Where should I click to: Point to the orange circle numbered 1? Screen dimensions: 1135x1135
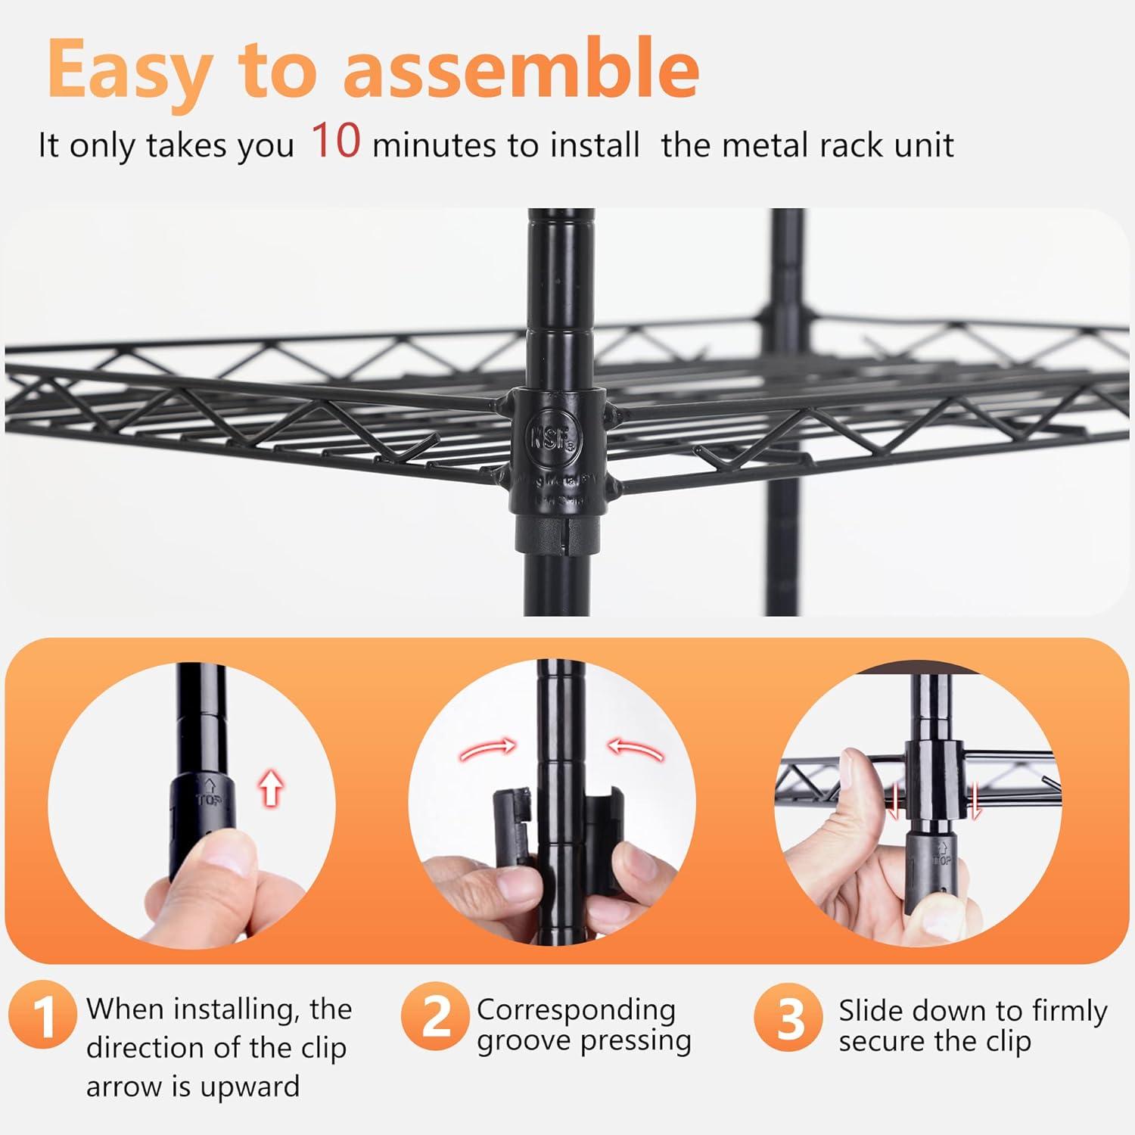[42, 1015]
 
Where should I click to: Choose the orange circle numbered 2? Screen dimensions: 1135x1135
[435, 1015]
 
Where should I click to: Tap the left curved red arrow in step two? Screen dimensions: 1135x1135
[487, 751]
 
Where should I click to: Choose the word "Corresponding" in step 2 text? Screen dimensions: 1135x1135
[576, 1010]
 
